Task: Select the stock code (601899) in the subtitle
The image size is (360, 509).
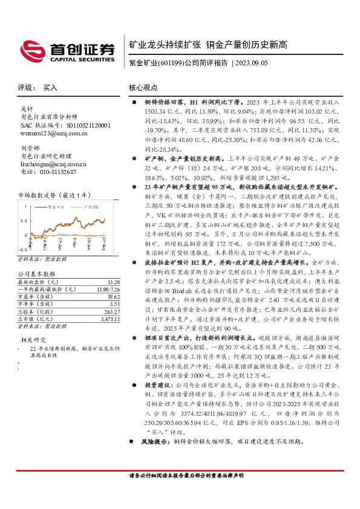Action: coord(171,62)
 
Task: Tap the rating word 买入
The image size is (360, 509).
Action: coord(50,88)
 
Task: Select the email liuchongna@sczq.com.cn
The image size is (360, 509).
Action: coord(53,164)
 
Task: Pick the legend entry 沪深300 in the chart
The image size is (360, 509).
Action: coord(90,206)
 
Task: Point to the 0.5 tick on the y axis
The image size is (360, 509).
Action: coord(23,220)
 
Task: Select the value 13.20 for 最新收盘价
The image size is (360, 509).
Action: coord(113,282)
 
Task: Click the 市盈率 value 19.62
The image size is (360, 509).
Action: coord(113,296)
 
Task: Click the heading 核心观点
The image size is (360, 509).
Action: coord(144,88)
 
